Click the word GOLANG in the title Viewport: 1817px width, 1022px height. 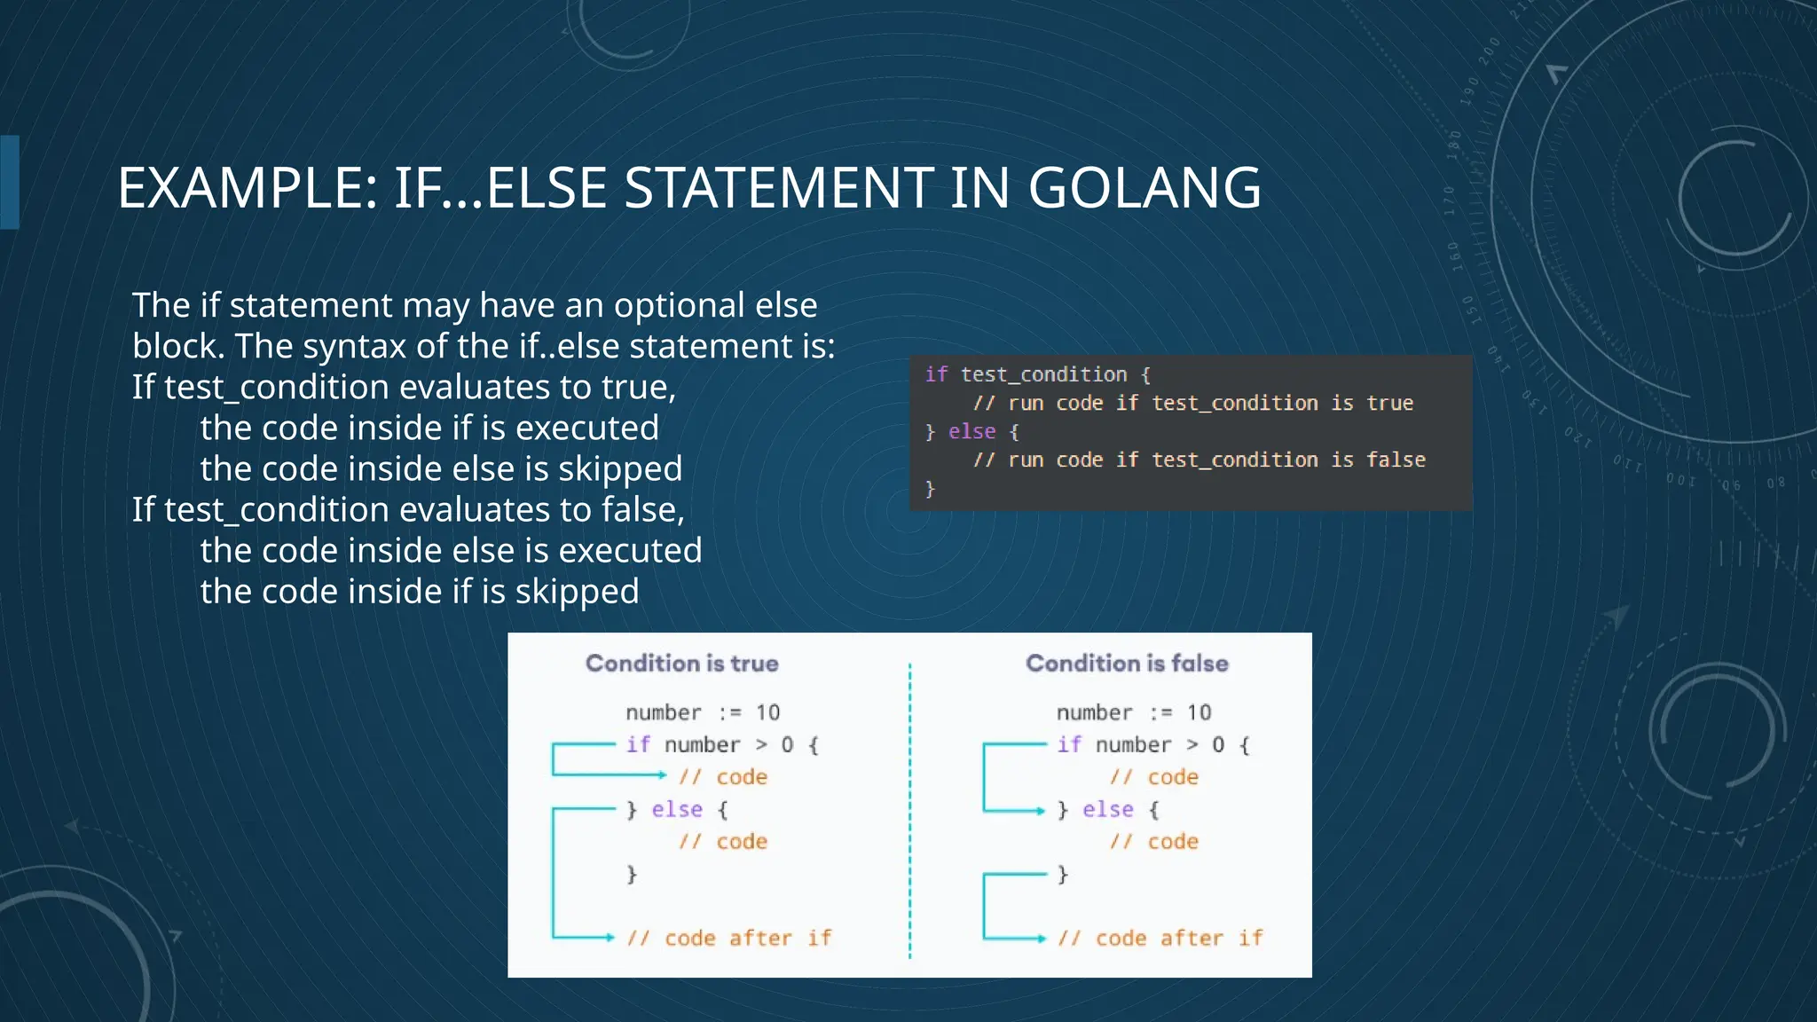tap(1144, 188)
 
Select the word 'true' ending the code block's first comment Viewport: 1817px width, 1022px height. tap(1389, 403)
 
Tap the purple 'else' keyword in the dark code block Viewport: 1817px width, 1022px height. tap(971, 431)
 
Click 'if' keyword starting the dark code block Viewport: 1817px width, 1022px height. tap(936, 374)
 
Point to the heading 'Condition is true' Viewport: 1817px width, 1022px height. tap(681, 664)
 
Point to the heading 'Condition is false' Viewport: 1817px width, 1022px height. tap(1127, 664)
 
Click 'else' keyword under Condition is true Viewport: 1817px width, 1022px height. tap(677, 809)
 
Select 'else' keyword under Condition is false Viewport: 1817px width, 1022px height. tap(1107, 809)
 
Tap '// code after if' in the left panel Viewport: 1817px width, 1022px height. tap(728, 938)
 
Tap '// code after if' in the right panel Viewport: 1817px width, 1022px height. tap(1160, 938)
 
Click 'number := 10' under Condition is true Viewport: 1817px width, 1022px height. tap(702, 712)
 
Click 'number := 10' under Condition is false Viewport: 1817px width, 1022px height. tap(1133, 712)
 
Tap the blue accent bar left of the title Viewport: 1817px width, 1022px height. tap(10, 182)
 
